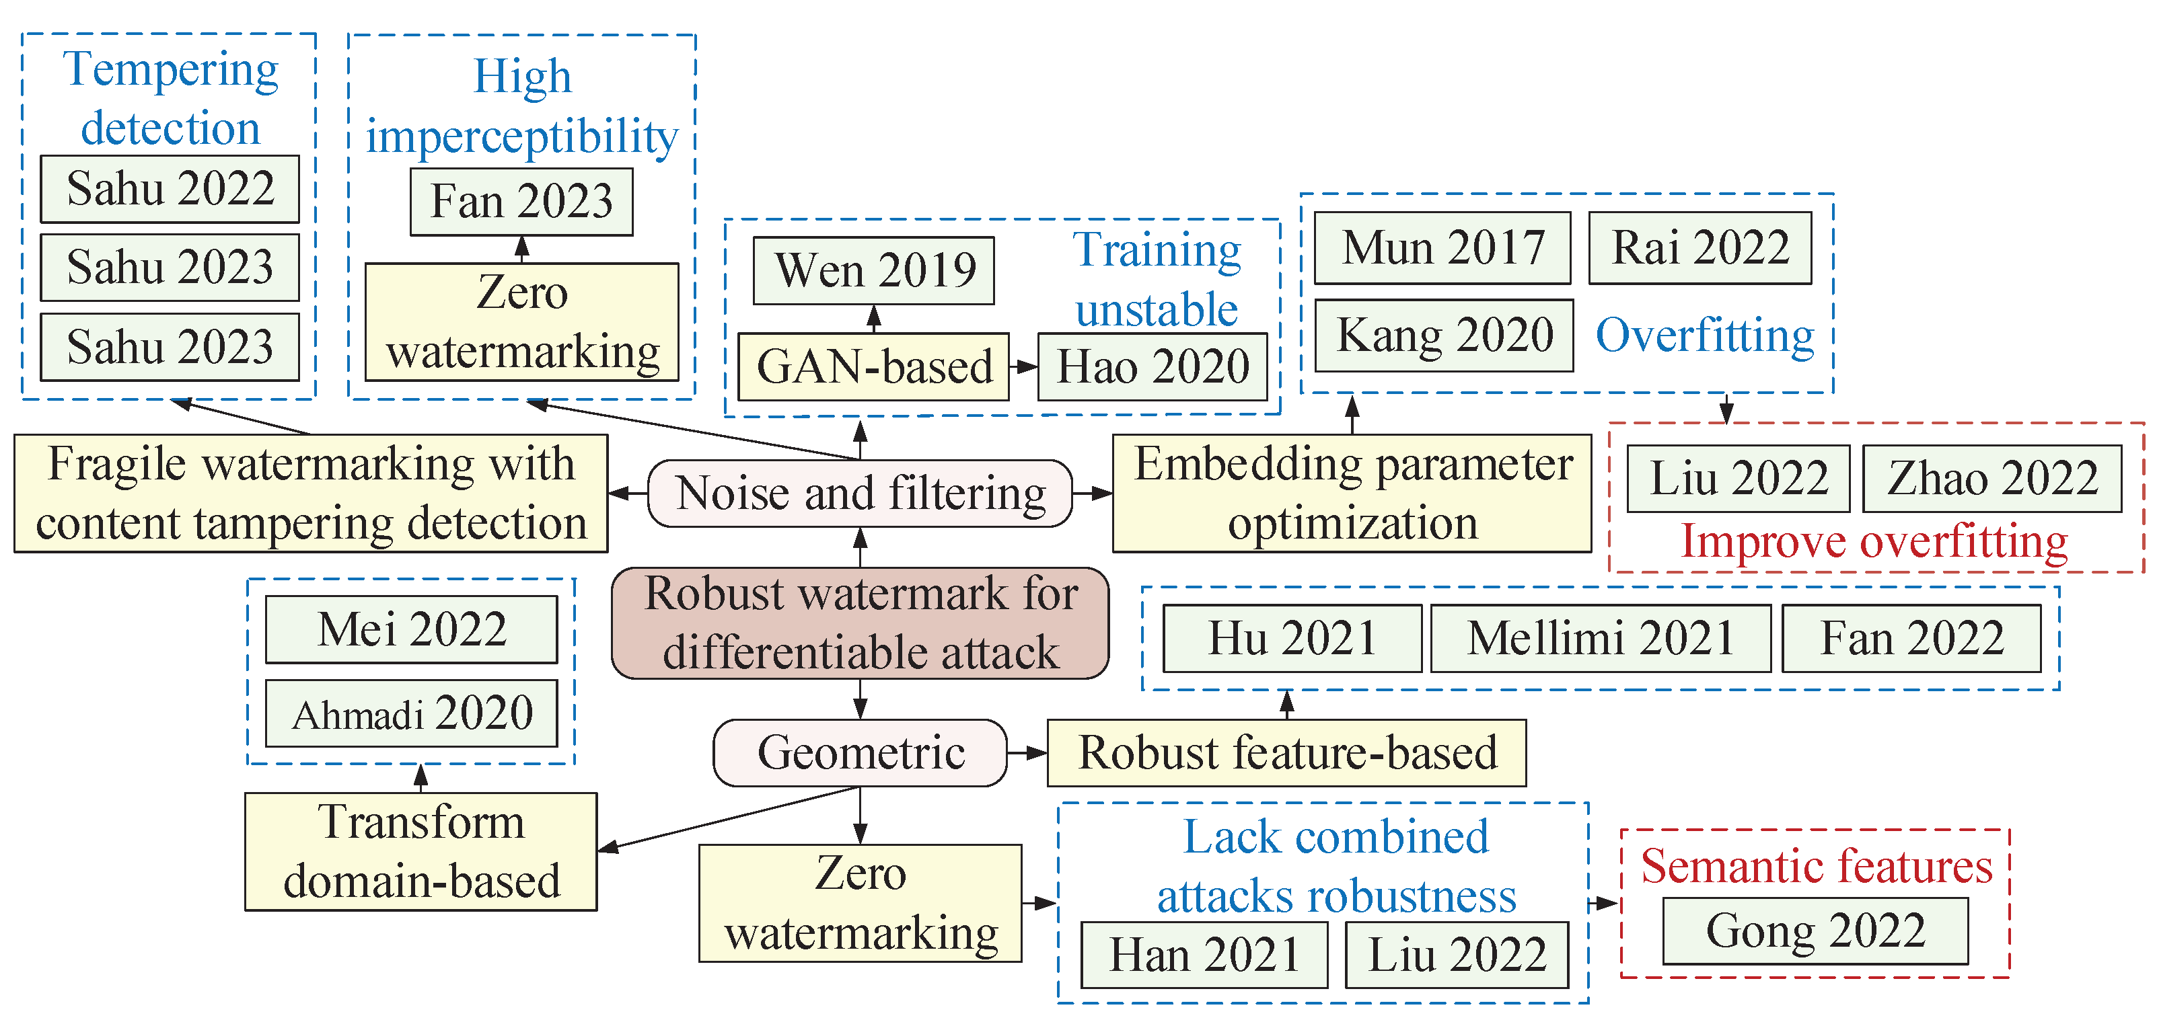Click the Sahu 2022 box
(x=170, y=188)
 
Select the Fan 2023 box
(x=521, y=202)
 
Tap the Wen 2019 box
(x=873, y=270)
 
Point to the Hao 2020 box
(x=1153, y=366)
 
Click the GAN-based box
(x=873, y=366)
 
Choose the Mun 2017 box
(x=1442, y=247)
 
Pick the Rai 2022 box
(x=1699, y=247)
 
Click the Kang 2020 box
(x=1444, y=335)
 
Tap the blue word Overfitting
(x=1704, y=335)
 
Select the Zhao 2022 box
(x=1991, y=478)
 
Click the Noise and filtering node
(x=860, y=493)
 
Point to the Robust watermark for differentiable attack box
(x=860, y=623)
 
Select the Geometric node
(x=860, y=752)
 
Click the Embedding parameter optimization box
(x=1352, y=493)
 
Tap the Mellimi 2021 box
(x=1600, y=638)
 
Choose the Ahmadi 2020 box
(x=411, y=713)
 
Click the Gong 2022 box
(x=1815, y=931)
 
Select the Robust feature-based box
(x=1286, y=752)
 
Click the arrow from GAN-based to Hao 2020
(x=1023, y=366)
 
